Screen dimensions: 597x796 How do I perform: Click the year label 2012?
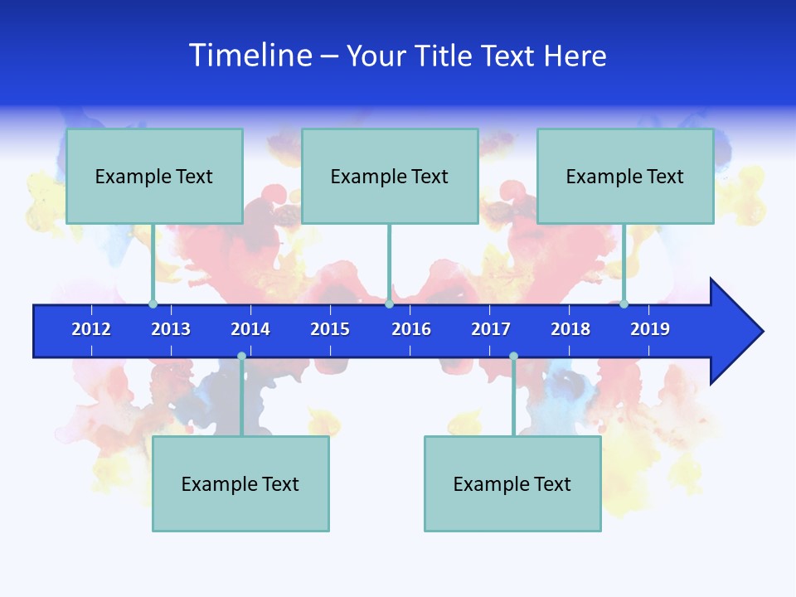pyautogui.click(x=91, y=329)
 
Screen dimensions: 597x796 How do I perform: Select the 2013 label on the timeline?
pyautogui.click(x=171, y=329)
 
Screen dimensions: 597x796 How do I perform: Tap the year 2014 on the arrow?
pyautogui.click(x=250, y=329)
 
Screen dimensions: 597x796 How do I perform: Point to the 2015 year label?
pyautogui.click(x=330, y=329)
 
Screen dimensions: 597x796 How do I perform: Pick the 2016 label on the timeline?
pyautogui.click(x=411, y=329)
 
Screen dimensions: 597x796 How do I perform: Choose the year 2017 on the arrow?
pyautogui.click(x=491, y=329)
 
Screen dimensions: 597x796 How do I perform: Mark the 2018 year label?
pyautogui.click(x=570, y=329)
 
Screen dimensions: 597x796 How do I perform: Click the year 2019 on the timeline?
pyautogui.click(x=650, y=329)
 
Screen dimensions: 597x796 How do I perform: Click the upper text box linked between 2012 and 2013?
pyautogui.click(x=154, y=176)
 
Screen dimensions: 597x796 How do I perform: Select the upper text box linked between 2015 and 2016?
pyautogui.click(x=390, y=176)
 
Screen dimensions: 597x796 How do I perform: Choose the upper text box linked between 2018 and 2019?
pyautogui.click(x=625, y=176)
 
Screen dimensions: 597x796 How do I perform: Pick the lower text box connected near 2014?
pyautogui.click(x=240, y=483)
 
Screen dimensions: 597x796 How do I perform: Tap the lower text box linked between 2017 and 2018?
pyautogui.click(x=512, y=483)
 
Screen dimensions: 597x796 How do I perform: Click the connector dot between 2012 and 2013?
pyautogui.click(x=153, y=304)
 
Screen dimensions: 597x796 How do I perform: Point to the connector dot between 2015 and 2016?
pyautogui.click(x=389, y=304)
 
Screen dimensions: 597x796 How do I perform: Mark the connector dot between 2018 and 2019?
pyautogui.click(x=624, y=304)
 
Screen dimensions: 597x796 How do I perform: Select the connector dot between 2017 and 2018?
pyautogui.click(x=513, y=357)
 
